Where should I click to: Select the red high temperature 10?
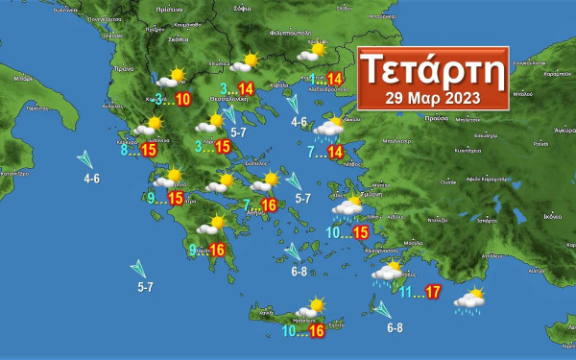click(x=182, y=99)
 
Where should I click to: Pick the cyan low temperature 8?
click(x=124, y=150)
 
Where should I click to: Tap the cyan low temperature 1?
click(x=314, y=79)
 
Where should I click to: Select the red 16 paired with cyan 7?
click(x=268, y=204)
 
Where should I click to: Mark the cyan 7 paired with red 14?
click(x=311, y=152)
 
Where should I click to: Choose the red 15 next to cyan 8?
click(x=149, y=150)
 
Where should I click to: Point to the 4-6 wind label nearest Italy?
click(x=91, y=179)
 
